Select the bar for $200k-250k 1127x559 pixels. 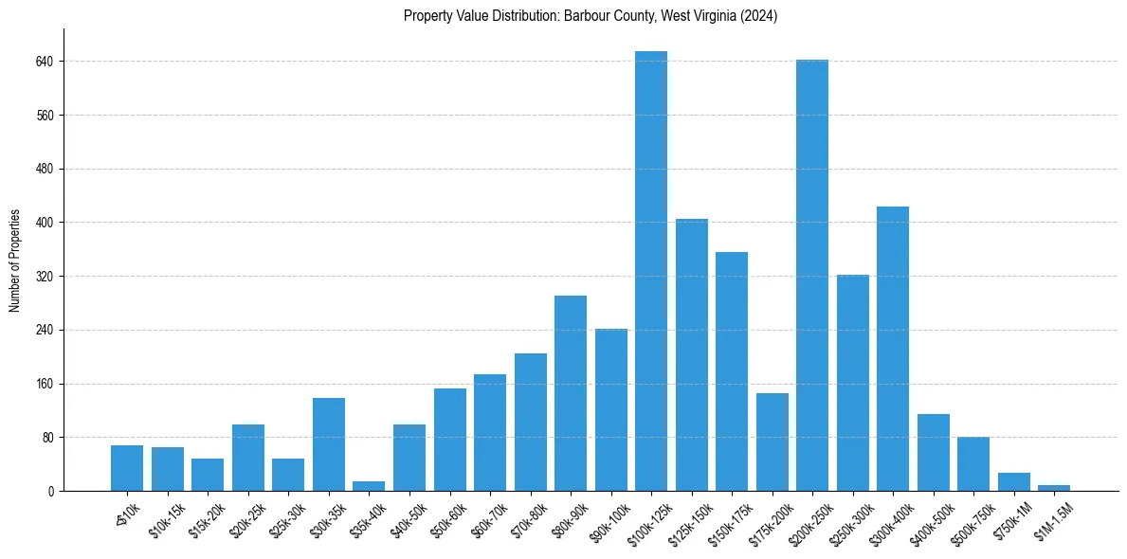(x=812, y=276)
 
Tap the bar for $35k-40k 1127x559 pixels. (x=369, y=486)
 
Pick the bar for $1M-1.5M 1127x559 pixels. (x=1054, y=488)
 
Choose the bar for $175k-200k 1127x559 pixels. (x=773, y=442)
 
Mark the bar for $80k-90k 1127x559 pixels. (x=571, y=393)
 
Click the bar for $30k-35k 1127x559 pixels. (x=329, y=444)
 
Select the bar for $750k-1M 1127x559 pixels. (x=1013, y=481)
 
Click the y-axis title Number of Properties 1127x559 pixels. (x=15, y=261)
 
